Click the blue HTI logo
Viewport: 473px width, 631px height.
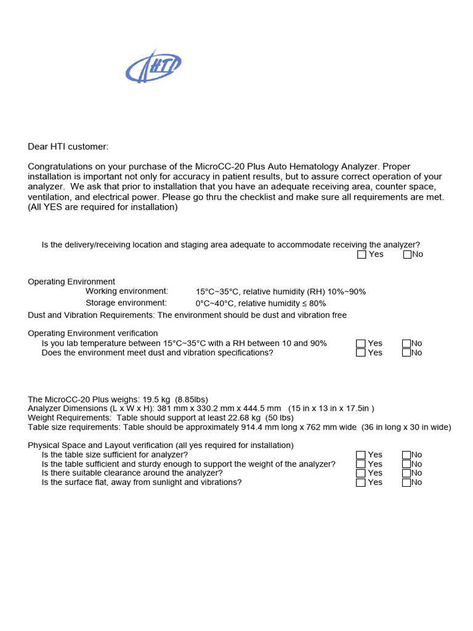(x=153, y=66)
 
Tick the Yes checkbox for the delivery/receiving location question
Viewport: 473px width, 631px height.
(x=362, y=254)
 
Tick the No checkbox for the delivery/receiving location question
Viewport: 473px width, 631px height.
(x=407, y=254)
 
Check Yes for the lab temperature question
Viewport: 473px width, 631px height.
(x=361, y=344)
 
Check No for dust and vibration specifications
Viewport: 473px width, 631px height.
(x=406, y=353)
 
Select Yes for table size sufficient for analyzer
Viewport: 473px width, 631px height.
(x=361, y=455)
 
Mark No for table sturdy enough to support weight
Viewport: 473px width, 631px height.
(x=406, y=465)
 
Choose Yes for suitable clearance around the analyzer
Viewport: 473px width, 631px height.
(x=361, y=473)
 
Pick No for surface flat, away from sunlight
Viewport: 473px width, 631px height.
(x=406, y=482)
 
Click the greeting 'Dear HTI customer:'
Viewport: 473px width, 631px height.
(x=68, y=147)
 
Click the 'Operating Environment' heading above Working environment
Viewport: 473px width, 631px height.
(x=71, y=282)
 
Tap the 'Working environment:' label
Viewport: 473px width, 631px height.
(x=126, y=291)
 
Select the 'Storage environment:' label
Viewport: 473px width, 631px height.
(x=126, y=303)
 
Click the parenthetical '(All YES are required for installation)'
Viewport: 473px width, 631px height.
(x=102, y=207)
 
